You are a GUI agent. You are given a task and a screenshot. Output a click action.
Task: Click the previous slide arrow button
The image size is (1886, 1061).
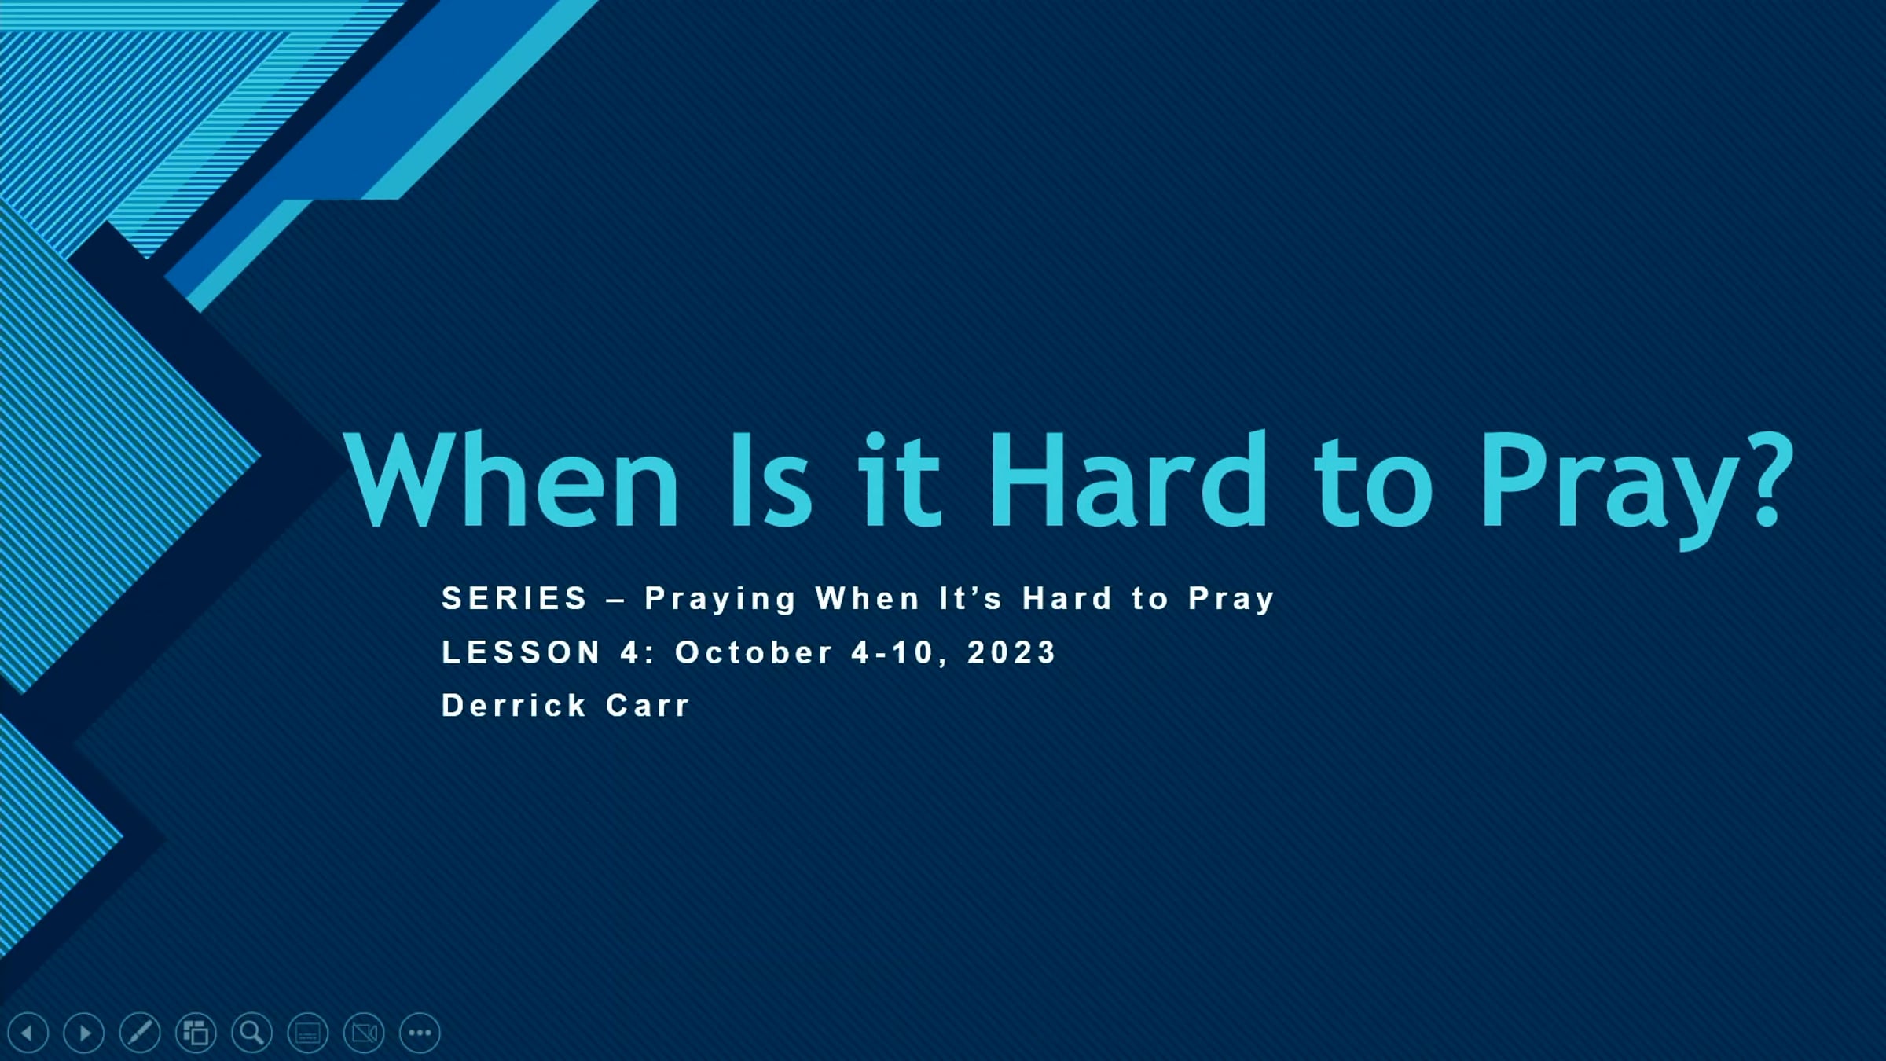(28, 1033)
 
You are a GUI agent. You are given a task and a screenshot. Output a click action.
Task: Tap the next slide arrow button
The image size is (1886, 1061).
(84, 1033)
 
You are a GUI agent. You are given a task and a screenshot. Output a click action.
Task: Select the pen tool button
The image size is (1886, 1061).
(140, 1033)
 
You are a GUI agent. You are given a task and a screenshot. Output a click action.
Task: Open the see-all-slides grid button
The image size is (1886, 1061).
(196, 1033)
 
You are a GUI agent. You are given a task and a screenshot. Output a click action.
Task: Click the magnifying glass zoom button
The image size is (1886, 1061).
(252, 1033)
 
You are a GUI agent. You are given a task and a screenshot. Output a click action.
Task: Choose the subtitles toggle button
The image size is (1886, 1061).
(308, 1033)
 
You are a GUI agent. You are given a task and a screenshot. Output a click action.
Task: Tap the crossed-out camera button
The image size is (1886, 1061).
(364, 1033)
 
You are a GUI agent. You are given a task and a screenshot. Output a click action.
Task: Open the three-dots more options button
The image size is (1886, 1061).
(420, 1033)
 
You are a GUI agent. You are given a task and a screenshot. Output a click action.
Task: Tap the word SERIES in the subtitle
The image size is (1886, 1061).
(515, 598)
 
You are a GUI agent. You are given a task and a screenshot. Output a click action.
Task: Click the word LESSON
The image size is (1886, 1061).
(522, 652)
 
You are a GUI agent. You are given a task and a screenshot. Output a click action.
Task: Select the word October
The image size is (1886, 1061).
(754, 652)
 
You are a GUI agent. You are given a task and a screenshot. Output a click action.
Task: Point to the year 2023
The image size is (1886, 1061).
(1011, 652)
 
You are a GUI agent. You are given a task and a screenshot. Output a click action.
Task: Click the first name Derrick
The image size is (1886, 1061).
(515, 705)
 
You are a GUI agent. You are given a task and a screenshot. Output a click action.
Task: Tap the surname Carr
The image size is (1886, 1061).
(648, 705)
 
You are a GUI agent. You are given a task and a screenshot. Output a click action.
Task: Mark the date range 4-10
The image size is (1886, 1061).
(892, 652)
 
